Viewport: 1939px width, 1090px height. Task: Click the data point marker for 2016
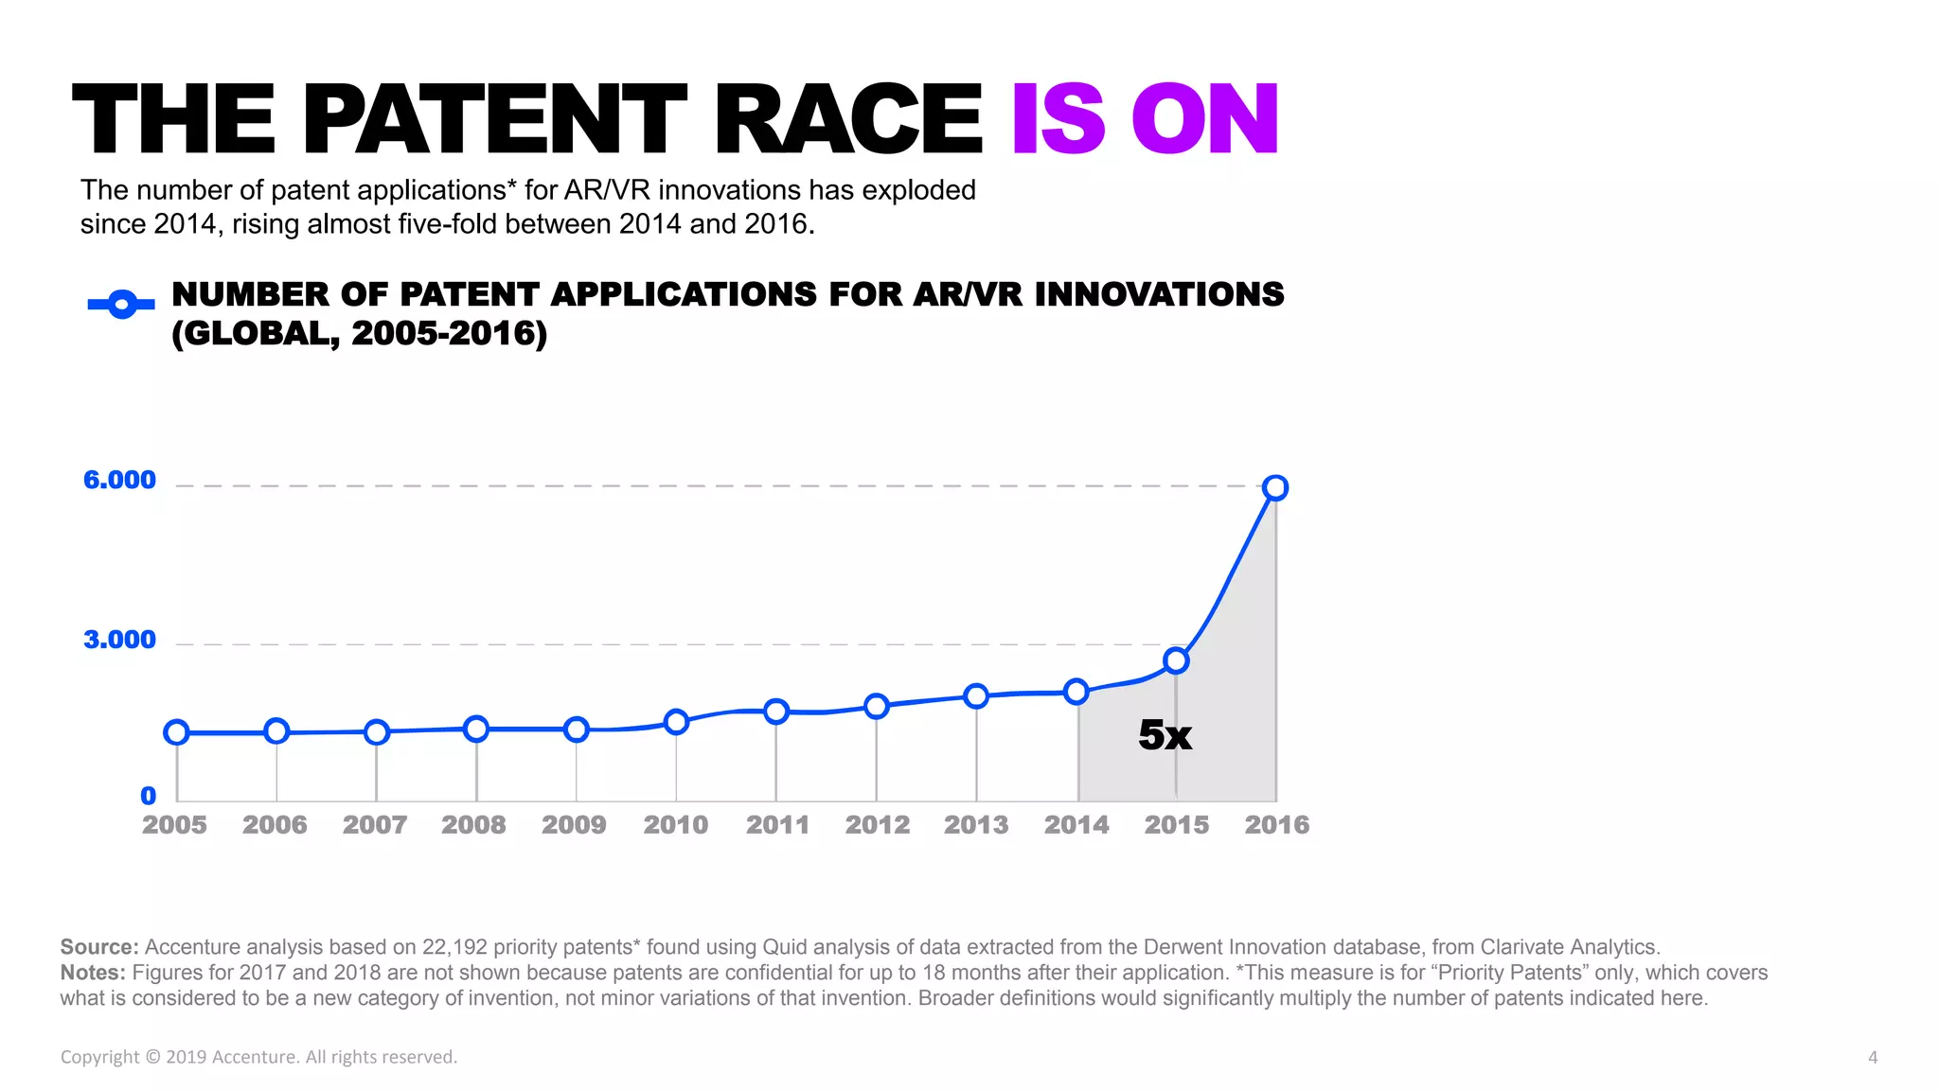click(x=1275, y=488)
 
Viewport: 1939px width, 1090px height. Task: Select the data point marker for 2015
click(x=1176, y=660)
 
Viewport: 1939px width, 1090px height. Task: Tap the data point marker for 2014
click(x=1076, y=692)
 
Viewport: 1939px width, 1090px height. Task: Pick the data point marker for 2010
click(x=676, y=722)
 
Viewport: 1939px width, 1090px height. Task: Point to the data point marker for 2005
click(x=177, y=732)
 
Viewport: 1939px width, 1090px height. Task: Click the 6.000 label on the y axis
click(x=119, y=480)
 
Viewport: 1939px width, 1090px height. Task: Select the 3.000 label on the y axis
click(x=119, y=640)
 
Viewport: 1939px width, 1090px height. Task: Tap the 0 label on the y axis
click(x=149, y=796)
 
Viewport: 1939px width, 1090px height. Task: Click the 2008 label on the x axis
click(x=473, y=825)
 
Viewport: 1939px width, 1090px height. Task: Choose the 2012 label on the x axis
click(x=877, y=825)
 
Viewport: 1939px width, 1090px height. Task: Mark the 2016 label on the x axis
click(x=1276, y=825)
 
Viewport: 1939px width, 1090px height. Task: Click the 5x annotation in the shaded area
click(x=1165, y=735)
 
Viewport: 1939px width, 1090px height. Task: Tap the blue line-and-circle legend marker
click(x=121, y=305)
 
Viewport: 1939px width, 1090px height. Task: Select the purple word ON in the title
click(x=1205, y=120)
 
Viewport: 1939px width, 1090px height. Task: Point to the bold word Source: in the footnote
click(x=99, y=947)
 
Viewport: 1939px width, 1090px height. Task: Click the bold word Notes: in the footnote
click(x=93, y=973)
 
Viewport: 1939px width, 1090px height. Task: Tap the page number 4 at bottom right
click(x=1872, y=1058)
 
